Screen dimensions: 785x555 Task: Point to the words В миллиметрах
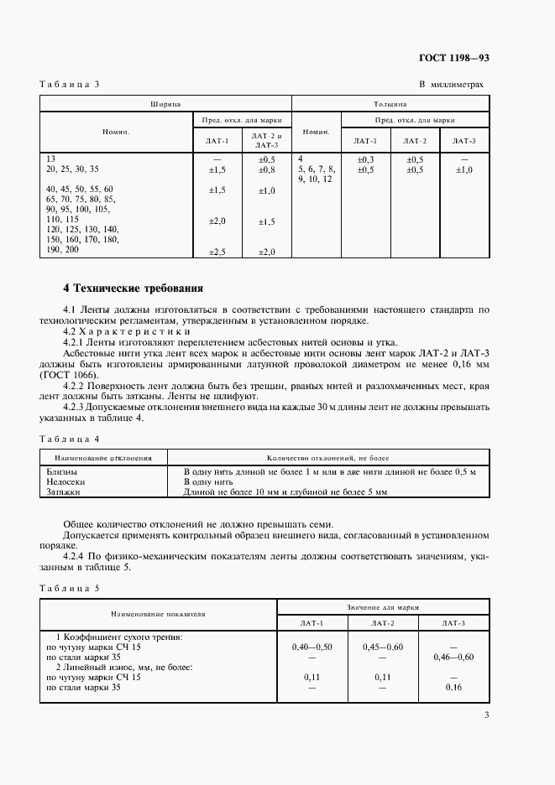(451, 85)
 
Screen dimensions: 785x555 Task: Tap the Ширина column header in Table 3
(166, 105)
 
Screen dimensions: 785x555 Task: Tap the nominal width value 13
(51, 159)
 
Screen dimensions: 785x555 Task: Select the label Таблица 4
(70, 439)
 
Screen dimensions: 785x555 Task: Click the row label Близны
(61, 472)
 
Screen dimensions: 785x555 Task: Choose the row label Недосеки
(65, 482)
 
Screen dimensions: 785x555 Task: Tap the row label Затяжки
(64, 492)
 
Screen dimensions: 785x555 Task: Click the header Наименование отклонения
(102, 459)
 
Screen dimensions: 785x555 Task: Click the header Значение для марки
(382, 606)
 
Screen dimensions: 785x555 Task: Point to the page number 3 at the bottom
(486, 715)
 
